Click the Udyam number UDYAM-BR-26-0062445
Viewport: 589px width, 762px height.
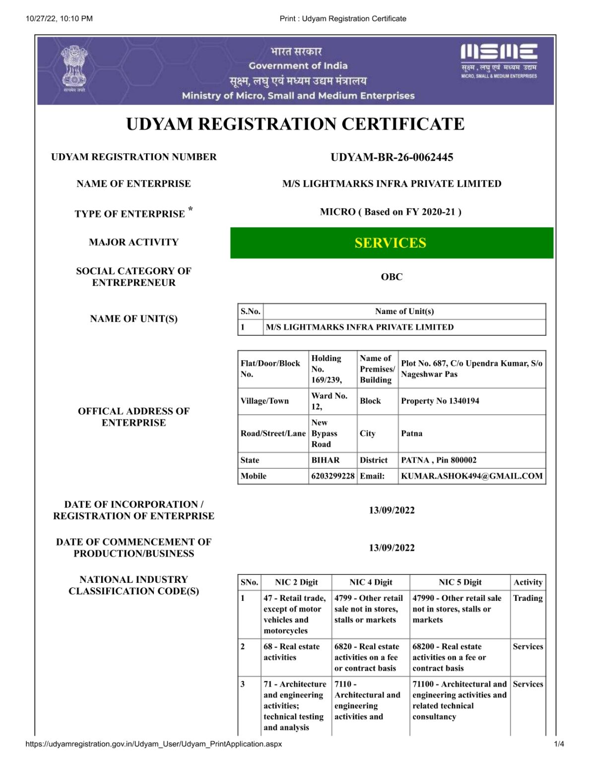(392, 157)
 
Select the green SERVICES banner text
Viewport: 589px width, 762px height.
(391, 243)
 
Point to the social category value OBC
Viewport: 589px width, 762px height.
(392, 277)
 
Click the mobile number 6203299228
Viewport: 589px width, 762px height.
(333, 476)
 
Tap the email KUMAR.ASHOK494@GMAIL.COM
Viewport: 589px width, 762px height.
(471, 476)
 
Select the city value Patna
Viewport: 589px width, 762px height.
(412, 433)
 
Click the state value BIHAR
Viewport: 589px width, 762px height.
(326, 460)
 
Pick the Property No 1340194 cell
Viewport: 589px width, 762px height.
(440, 401)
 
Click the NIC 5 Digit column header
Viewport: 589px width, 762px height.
(460, 582)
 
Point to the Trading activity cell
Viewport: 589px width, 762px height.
(527, 598)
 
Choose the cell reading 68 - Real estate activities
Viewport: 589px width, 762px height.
(292, 652)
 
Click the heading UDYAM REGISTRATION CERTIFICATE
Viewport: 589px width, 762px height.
(295, 124)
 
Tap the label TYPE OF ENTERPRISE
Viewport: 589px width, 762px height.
(130, 214)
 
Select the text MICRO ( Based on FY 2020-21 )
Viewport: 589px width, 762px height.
(391, 212)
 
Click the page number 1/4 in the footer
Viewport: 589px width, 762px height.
(559, 744)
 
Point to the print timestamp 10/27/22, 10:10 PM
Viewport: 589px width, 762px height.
(59, 19)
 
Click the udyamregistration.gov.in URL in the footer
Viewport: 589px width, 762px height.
(153, 744)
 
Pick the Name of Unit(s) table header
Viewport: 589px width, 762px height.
(404, 311)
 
